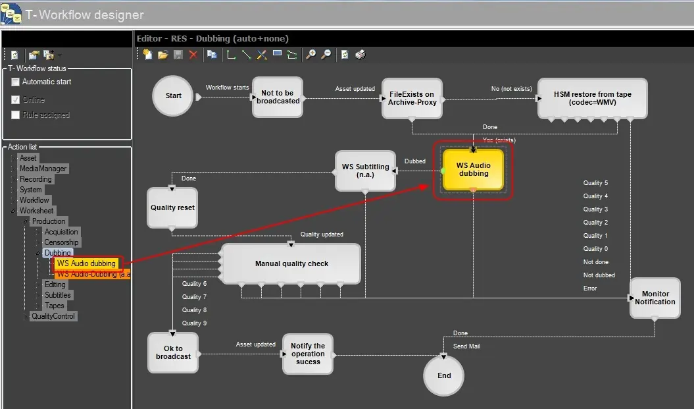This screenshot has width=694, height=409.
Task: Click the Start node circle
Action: pyautogui.click(x=173, y=96)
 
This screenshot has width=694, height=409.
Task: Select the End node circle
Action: pyautogui.click(x=444, y=375)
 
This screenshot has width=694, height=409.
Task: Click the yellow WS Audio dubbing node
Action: pyautogui.click(x=473, y=169)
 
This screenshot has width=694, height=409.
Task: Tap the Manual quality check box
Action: pyautogui.click(x=291, y=263)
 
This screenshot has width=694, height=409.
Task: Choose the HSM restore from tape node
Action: pyautogui.click(x=592, y=98)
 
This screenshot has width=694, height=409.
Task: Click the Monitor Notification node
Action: pyautogui.click(x=655, y=298)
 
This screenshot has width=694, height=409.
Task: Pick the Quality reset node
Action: pyautogui.click(x=172, y=207)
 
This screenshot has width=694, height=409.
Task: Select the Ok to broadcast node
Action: pyautogui.click(x=173, y=352)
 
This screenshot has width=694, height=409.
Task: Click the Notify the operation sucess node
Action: pyautogui.click(x=308, y=354)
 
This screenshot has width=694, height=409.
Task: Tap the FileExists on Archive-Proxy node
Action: pyautogui.click(x=412, y=98)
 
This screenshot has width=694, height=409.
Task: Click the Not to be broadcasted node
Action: pyautogui.click(x=278, y=97)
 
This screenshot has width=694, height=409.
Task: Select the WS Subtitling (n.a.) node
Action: pyautogui.click(x=365, y=171)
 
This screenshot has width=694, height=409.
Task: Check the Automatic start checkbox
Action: pyautogui.click(x=16, y=82)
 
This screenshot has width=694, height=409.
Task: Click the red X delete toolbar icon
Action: pyautogui.click(x=193, y=55)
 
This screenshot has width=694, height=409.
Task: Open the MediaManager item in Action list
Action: pyautogui.click(x=43, y=169)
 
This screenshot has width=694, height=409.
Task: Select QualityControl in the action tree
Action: pyautogui.click(x=53, y=316)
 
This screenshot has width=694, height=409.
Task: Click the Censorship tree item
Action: pyautogui.click(x=61, y=242)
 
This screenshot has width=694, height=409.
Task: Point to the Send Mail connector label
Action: pyautogui.click(x=466, y=346)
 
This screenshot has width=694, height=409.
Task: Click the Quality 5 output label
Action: pyautogui.click(x=595, y=183)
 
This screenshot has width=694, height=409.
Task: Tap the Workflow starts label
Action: pyautogui.click(x=228, y=88)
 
